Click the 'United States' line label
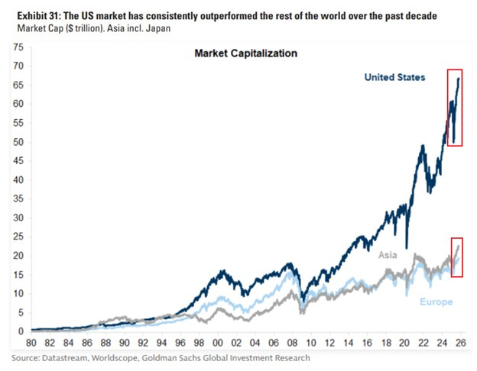tap(394, 77)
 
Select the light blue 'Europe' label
tap(436, 302)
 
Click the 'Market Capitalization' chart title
tap(245, 53)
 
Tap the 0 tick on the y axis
tap(21, 331)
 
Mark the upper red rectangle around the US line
tap(455, 106)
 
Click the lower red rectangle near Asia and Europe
tap(457, 257)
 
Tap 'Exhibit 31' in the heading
tap(31, 16)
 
